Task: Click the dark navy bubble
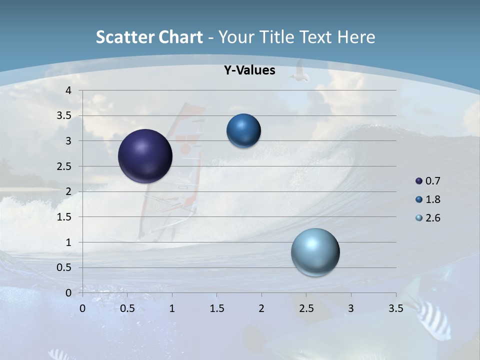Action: coord(145,156)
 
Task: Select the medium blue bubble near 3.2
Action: coord(243,130)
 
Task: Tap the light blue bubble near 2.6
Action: coord(315,252)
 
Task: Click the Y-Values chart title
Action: coord(249,70)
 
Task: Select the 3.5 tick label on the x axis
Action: coord(395,308)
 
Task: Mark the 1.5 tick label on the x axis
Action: coord(216,308)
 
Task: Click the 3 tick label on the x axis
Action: coord(350,308)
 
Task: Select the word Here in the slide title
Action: coord(356,37)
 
